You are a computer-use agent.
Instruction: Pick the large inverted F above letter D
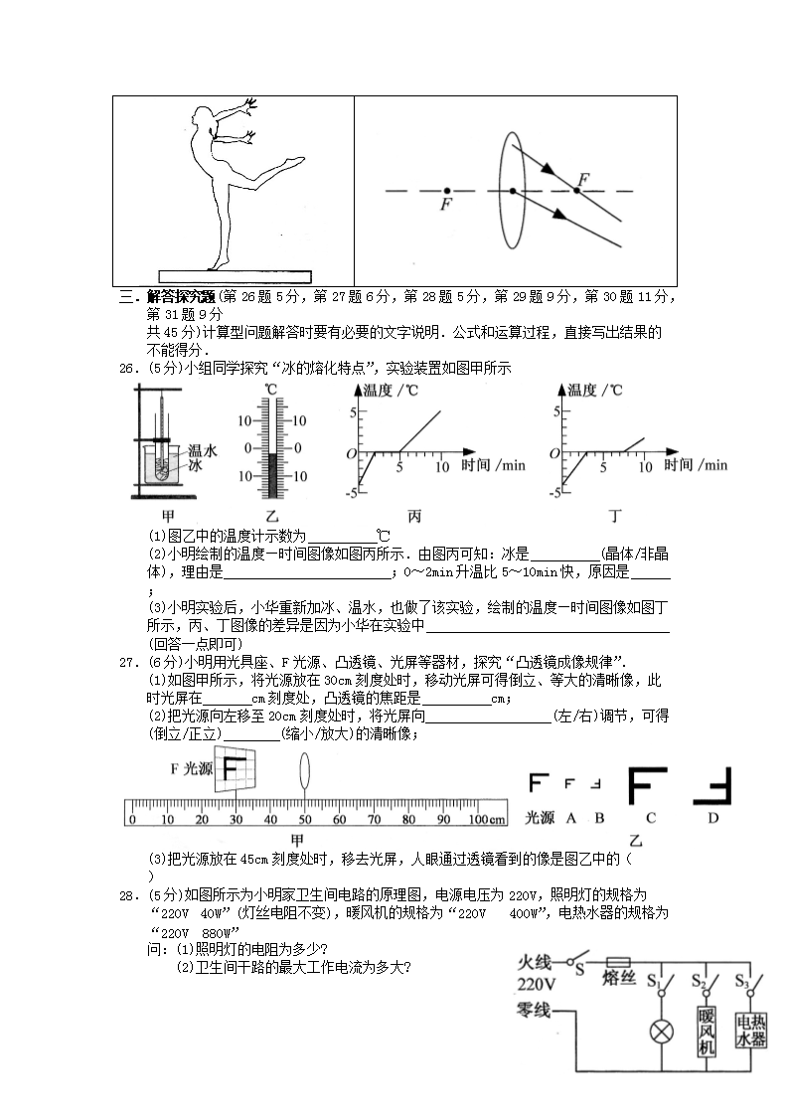(712, 786)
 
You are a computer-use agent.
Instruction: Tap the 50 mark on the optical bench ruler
(304, 819)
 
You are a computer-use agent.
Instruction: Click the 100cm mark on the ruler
(486, 819)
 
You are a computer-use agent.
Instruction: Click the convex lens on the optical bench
(304, 771)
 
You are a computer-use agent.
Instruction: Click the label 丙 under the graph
(414, 516)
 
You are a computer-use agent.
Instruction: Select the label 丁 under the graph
(615, 516)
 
